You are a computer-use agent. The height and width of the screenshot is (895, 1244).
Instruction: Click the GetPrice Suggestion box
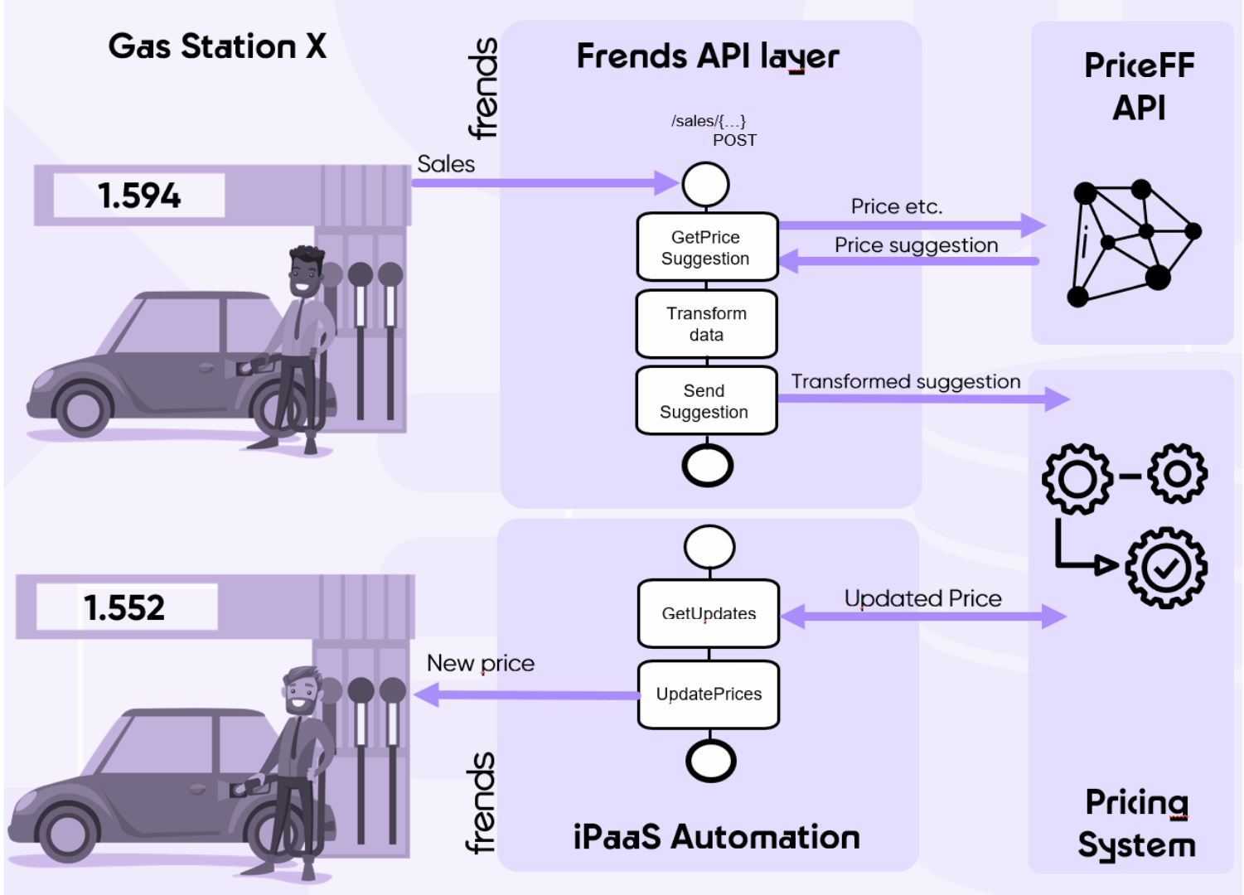click(706, 248)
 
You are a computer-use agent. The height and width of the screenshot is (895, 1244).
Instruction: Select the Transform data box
click(706, 324)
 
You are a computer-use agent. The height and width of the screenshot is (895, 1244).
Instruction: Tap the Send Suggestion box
click(706, 401)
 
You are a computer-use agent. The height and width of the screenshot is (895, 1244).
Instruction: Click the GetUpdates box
click(709, 613)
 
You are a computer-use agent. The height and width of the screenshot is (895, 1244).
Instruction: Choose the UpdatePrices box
click(709, 694)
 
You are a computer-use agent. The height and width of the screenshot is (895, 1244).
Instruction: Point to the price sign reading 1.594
click(139, 196)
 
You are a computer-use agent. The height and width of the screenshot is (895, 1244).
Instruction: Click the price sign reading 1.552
click(125, 607)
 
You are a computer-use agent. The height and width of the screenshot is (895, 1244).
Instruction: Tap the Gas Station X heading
click(217, 46)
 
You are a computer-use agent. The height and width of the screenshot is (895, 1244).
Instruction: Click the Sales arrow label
click(446, 164)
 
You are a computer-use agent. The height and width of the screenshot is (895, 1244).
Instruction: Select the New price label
click(481, 663)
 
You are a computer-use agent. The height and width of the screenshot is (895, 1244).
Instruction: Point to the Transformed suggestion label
click(906, 381)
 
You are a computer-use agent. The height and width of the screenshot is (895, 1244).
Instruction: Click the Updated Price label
click(922, 598)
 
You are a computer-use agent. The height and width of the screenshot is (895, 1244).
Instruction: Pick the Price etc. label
click(897, 206)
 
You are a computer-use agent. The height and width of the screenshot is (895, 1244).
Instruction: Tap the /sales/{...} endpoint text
click(709, 121)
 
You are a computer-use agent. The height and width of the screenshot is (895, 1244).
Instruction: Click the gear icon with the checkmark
click(1166, 568)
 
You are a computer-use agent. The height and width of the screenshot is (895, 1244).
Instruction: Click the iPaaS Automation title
click(716, 837)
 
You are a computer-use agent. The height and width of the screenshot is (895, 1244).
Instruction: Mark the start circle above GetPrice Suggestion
click(706, 184)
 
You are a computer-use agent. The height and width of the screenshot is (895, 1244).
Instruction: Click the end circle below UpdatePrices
click(711, 760)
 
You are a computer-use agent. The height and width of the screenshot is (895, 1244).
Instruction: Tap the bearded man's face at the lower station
click(300, 693)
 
